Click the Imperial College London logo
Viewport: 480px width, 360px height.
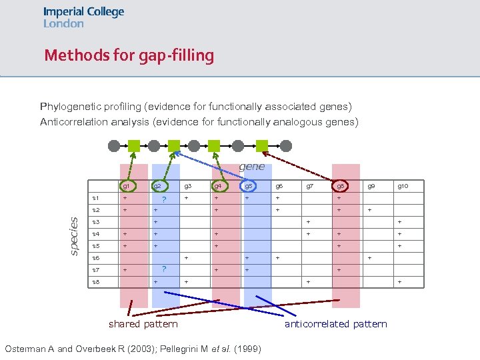pyautogui.click(x=83, y=17)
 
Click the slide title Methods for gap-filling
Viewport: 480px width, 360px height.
pyautogui.click(x=129, y=55)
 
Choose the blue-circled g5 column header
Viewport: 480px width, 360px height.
pyautogui.click(x=248, y=186)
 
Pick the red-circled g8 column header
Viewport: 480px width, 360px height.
pyautogui.click(x=340, y=186)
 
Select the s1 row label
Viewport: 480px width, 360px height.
pyautogui.click(x=96, y=198)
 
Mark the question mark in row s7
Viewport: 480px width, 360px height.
pyautogui.click(x=164, y=269)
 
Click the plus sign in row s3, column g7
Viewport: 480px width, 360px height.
pyautogui.click(x=308, y=222)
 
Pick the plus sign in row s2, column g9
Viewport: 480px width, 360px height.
pyautogui.click(x=371, y=210)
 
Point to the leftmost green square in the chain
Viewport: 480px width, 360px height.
pyautogui.click(x=134, y=145)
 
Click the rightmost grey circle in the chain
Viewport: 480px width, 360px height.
pyautogui.click(x=282, y=145)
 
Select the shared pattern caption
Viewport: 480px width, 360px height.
pyautogui.click(x=143, y=324)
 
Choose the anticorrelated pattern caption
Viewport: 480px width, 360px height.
pyautogui.click(x=335, y=324)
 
